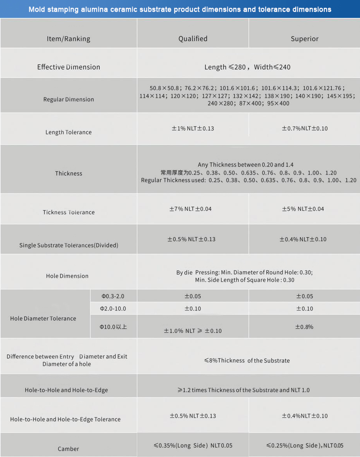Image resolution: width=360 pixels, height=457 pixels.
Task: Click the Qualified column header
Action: (193, 39)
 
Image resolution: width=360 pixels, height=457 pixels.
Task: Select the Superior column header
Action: (304, 39)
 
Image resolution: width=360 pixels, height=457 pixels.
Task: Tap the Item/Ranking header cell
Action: (68, 39)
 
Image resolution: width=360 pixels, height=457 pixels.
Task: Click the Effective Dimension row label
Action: (68, 67)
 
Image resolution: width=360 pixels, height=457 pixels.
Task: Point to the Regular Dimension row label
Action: (68, 99)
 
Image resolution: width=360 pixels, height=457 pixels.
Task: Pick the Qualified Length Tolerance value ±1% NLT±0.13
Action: (193, 128)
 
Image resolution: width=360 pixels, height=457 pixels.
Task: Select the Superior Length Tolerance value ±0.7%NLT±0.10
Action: (304, 128)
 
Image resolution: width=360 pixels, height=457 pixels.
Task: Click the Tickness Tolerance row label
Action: (68, 212)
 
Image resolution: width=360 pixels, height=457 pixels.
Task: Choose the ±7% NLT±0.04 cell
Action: (190, 209)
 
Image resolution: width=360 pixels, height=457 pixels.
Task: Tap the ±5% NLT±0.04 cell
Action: (303, 209)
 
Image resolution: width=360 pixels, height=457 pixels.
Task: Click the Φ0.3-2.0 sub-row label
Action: (113, 296)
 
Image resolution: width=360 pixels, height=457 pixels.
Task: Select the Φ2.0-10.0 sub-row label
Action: (113, 309)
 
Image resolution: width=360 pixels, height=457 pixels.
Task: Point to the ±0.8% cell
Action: (304, 327)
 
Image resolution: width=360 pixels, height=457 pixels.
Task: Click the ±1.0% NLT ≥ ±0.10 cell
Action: (193, 331)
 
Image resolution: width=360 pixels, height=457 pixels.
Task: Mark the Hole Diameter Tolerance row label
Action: (43, 318)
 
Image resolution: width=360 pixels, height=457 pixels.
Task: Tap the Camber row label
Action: (68, 449)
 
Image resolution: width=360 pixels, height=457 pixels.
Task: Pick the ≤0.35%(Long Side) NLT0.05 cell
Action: (193, 445)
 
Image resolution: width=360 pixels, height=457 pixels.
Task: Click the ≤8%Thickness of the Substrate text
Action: (247, 360)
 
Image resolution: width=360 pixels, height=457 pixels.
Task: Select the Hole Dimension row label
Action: (67, 276)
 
